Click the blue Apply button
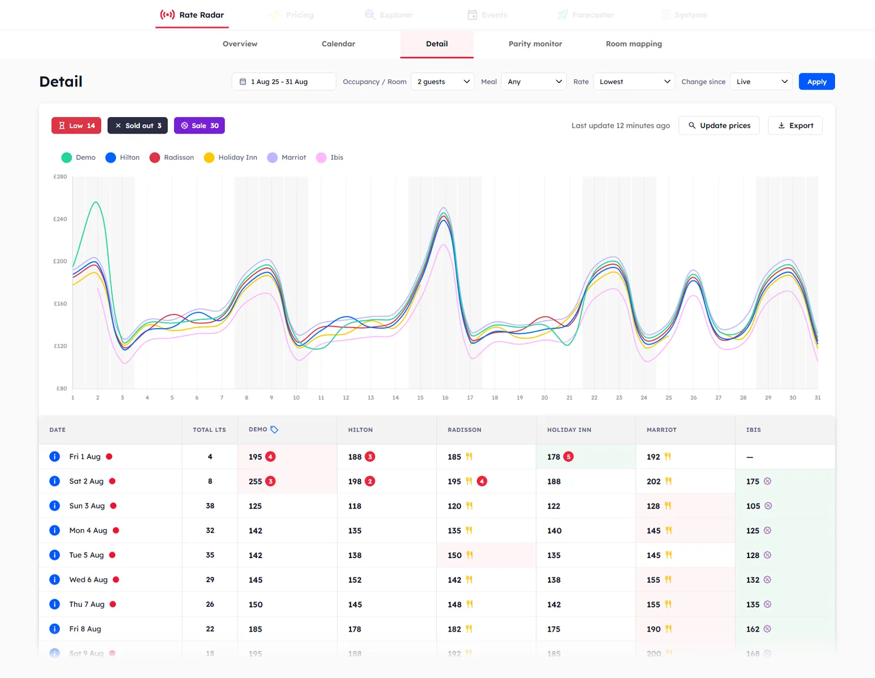coord(816,82)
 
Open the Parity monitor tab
coord(535,44)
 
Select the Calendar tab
coord(338,44)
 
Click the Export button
coord(795,126)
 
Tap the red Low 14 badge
coord(76,126)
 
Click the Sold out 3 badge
coord(138,126)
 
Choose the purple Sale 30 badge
coord(199,126)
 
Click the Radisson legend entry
coord(172,158)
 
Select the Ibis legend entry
coord(330,158)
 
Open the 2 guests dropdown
coord(443,82)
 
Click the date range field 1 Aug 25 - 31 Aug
coord(283,82)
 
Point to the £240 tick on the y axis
coord(60,219)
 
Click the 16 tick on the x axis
coord(445,398)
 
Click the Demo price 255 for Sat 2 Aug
coord(255,482)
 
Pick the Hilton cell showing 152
coord(355,580)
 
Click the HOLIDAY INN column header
coord(569,430)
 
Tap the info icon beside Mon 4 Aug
coord(55,530)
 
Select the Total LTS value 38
coord(210,506)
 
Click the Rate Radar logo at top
coord(192,15)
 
